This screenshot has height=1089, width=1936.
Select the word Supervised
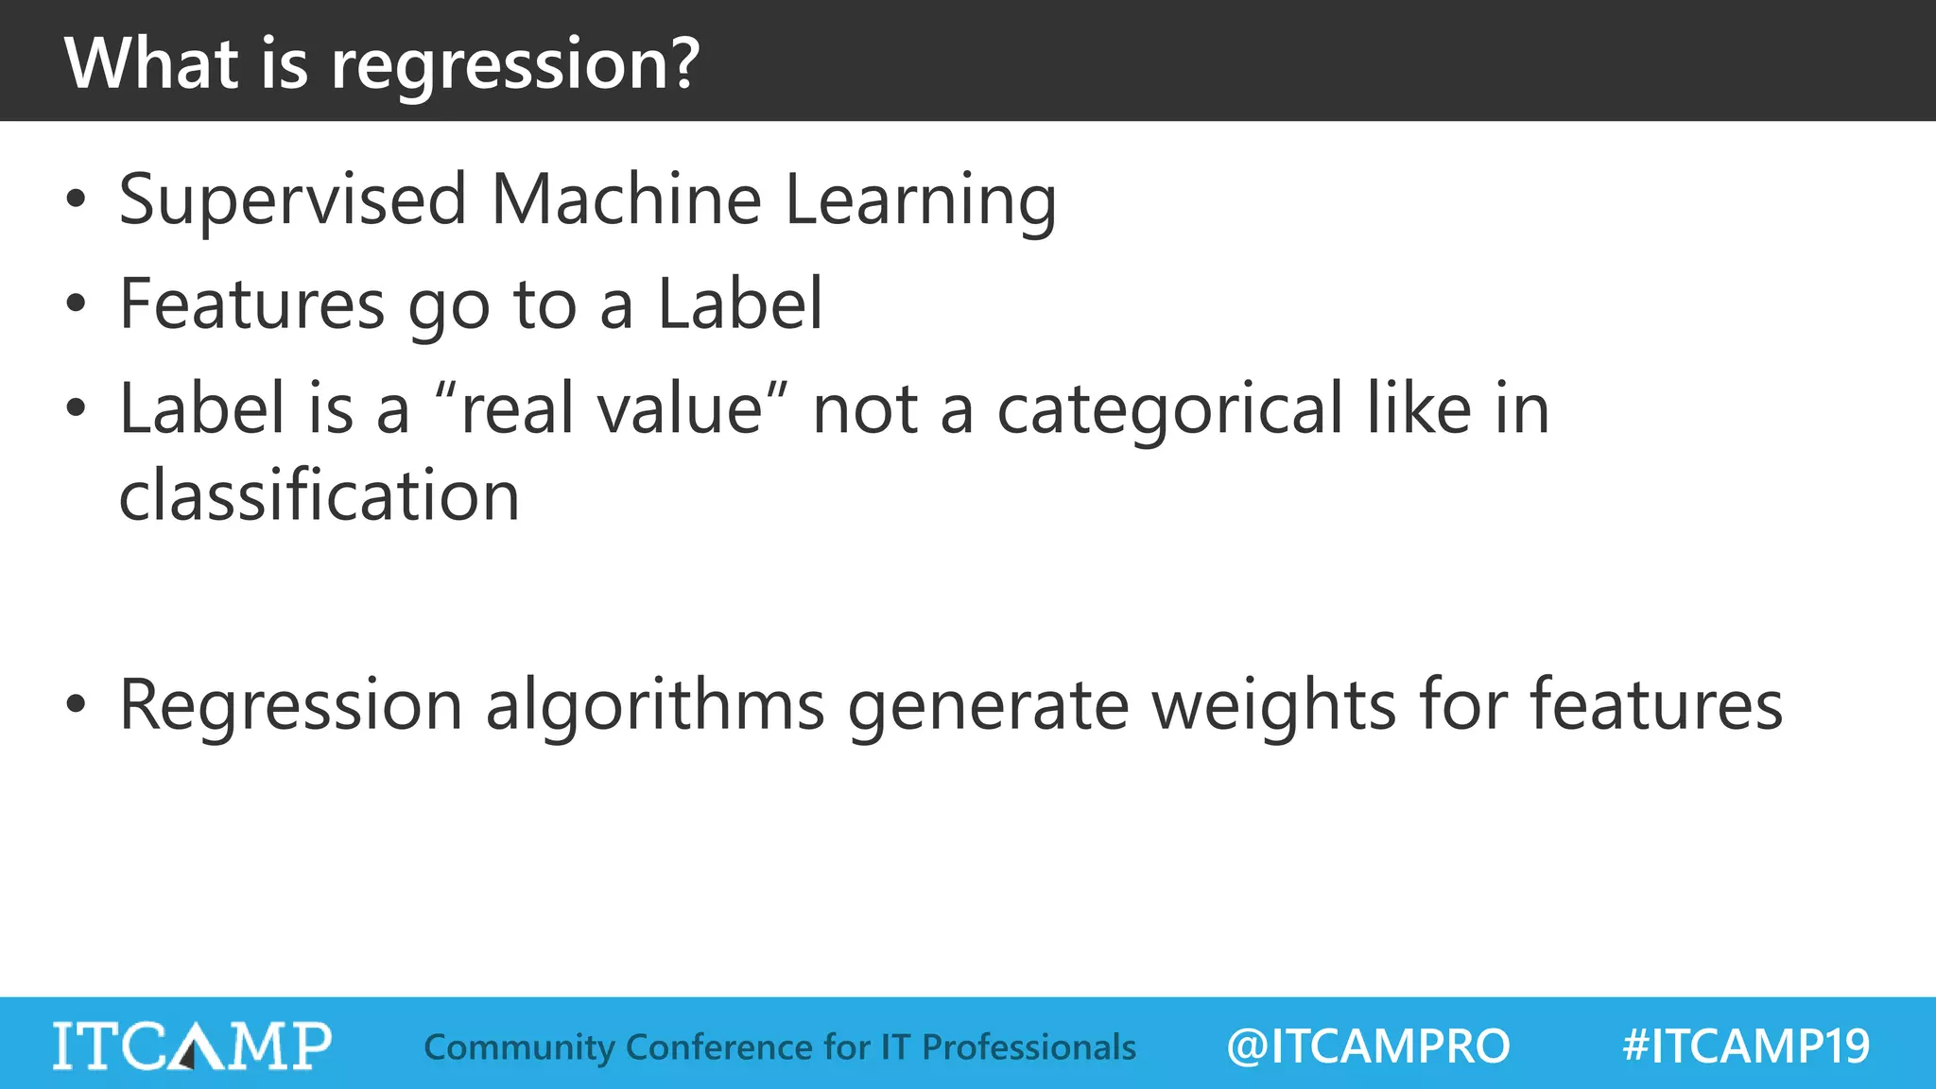293,199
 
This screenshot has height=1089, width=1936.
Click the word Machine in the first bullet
626,199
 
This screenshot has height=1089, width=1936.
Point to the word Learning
921,201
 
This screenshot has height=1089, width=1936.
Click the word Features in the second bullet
251,304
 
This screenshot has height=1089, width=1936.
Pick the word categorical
1169,409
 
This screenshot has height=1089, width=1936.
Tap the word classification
320,495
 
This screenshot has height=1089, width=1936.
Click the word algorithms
654,705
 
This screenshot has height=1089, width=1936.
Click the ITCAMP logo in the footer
192,1046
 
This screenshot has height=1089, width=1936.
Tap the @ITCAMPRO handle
1368,1046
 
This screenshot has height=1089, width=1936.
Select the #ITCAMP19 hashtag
1746,1046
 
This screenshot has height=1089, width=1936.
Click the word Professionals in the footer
1028,1046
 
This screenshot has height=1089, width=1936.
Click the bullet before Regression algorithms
77,704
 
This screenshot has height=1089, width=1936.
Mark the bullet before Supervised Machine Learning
77,199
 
